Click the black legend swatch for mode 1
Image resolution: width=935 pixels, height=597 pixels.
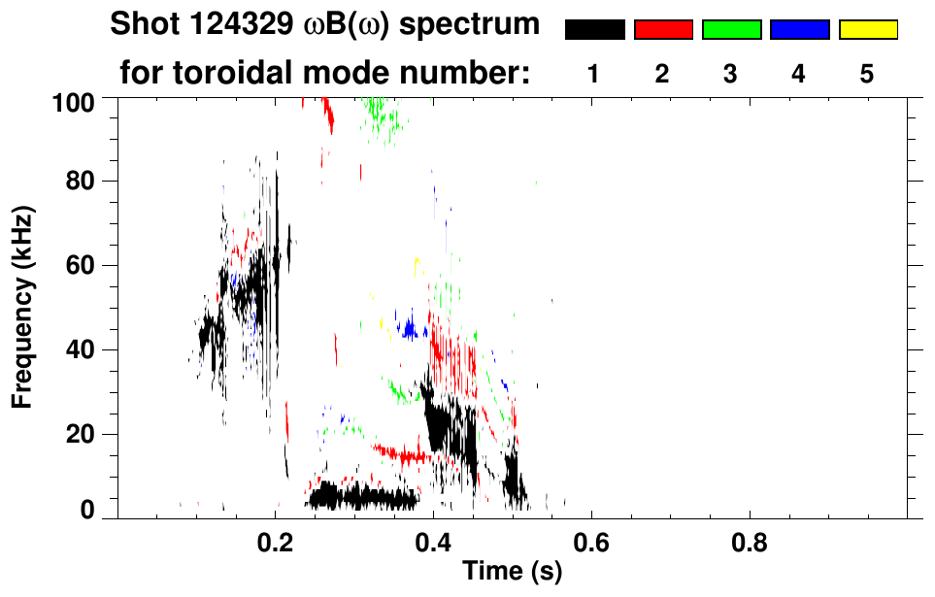(594, 30)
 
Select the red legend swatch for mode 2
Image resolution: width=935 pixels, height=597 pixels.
(663, 30)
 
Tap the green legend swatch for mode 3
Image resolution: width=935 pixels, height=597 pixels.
(731, 30)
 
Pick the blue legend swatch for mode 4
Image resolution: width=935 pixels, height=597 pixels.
(799, 30)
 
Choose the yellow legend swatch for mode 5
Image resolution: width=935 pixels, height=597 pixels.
(868, 30)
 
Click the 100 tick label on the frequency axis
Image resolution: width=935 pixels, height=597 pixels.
(73, 101)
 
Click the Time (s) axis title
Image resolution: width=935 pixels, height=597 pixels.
(511, 573)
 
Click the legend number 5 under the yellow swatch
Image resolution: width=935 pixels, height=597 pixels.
(867, 75)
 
